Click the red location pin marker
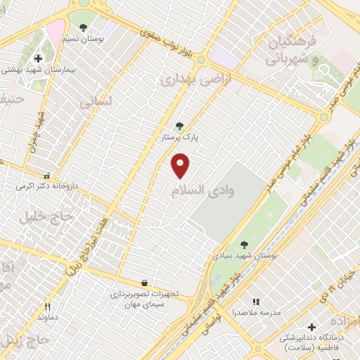(x=181, y=165)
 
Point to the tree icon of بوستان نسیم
(x=84, y=27)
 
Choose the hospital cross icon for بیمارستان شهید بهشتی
(x=37, y=58)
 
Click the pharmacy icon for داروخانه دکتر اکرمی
(x=47, y=176)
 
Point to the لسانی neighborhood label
(x=96, y=103)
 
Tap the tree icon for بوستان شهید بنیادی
(x=244, y=245)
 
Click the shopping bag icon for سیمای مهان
(x=144, y=282)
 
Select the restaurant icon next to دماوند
(x=48, y=307)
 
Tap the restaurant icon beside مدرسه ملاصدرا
(x=256, y=302)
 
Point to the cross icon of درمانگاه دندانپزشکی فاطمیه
(x=311, y=326)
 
